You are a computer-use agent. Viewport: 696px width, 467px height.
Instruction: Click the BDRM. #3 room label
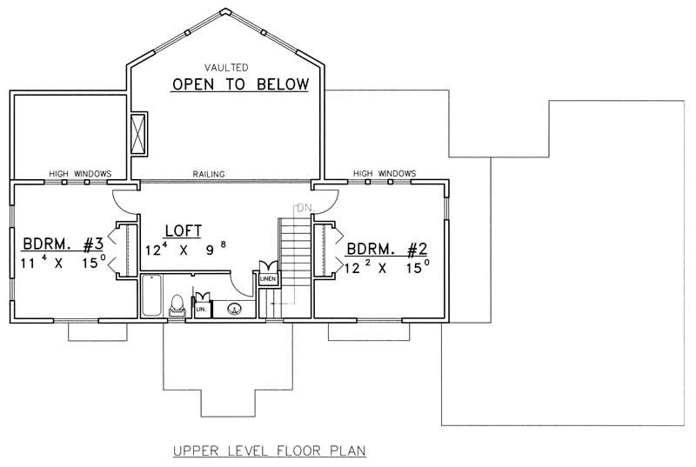[63, 244]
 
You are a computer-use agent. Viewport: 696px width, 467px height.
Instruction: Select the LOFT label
[183, 231]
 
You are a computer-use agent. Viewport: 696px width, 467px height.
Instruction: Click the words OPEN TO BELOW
[239, 84]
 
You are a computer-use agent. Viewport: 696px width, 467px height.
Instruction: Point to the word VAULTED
[226, 67]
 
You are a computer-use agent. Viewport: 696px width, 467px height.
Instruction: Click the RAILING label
[209, 174]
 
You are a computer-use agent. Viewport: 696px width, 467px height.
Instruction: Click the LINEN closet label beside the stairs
[267, 279]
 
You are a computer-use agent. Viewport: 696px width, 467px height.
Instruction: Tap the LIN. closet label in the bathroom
[200, 309]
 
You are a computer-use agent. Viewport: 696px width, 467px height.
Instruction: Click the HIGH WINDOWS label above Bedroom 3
[80, 174]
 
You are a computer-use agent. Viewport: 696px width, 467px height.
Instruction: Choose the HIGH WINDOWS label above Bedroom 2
[384, 174]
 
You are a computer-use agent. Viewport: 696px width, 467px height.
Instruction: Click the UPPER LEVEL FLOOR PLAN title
[269, 450]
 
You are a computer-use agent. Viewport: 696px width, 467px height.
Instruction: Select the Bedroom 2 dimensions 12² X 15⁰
[387, 268]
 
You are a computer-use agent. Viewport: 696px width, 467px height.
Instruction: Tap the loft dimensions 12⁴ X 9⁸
[186, 248]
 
